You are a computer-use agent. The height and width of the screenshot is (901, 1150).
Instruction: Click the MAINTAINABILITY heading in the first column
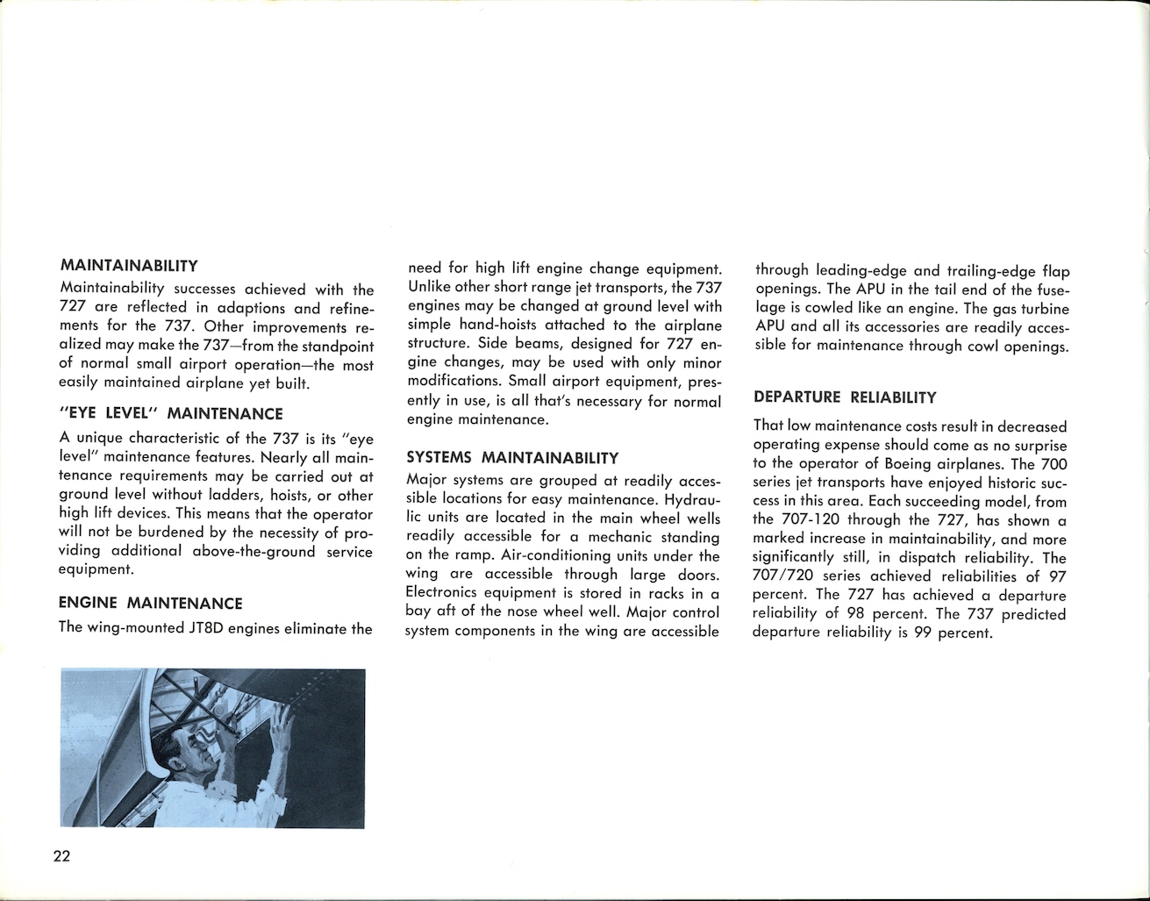coord(129,265)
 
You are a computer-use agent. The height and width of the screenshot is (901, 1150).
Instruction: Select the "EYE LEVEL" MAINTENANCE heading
coord(171,413)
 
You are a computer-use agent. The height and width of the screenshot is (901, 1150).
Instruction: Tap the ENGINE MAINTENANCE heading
coord(150,604)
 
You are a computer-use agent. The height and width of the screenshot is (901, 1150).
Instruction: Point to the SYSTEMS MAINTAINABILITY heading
coord(513,458)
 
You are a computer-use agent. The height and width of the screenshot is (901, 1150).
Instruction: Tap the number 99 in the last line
coord(921,633)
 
